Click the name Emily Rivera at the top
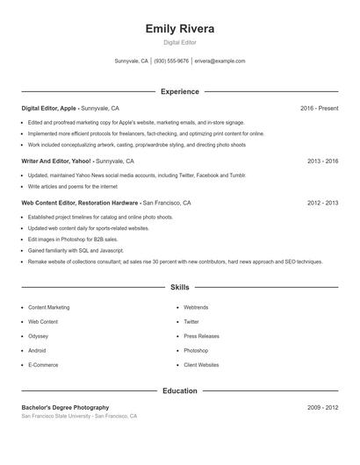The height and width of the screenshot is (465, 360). coord(180,28)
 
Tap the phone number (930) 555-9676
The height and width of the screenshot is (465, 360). coord(171,61)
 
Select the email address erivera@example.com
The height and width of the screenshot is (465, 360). coord(220,61)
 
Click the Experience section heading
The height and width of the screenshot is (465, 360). coord(180,91)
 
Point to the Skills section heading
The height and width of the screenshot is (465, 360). coord(180,287)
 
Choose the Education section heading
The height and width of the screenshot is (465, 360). coord(180,390)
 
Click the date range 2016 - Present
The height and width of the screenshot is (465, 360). coord(319,108)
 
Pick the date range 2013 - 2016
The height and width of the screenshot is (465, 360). coord(322,161)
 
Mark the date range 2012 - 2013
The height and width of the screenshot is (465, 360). coord(322,203)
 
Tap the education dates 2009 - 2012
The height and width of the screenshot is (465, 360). coord(322,407)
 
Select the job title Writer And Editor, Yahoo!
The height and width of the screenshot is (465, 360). coord(56,161)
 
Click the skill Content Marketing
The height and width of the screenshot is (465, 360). coord(49,308)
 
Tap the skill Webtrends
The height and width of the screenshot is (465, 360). coord(197,308)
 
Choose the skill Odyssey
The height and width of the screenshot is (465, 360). coord(39,336)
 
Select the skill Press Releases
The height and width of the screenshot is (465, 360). coord(201,336)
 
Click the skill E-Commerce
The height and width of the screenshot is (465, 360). coord(43,364)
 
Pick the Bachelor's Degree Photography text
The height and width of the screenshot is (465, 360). coord(66,407)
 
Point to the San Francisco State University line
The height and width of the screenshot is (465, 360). coord(79,416)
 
